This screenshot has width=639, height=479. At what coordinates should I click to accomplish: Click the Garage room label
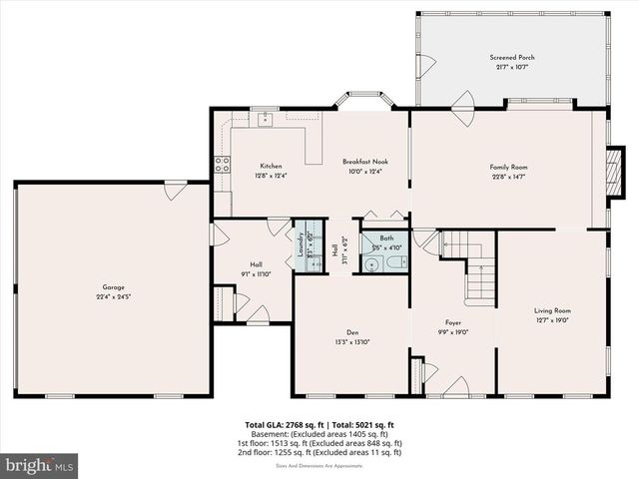coord(112,287)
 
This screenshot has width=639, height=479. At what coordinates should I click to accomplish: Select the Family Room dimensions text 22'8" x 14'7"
coord(507,176)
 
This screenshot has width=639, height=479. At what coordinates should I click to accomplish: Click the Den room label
coord(352,333)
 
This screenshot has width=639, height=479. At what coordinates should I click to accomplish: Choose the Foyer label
coord(453,322)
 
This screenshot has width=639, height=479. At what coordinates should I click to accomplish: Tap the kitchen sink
coord(266,120)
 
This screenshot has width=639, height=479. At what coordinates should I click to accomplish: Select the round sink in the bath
coord(371,264)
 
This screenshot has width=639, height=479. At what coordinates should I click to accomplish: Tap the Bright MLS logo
coord(40,465)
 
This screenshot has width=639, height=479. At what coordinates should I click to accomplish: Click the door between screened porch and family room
coord(463,108)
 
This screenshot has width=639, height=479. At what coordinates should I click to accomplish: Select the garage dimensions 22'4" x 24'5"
coord(112,296)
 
